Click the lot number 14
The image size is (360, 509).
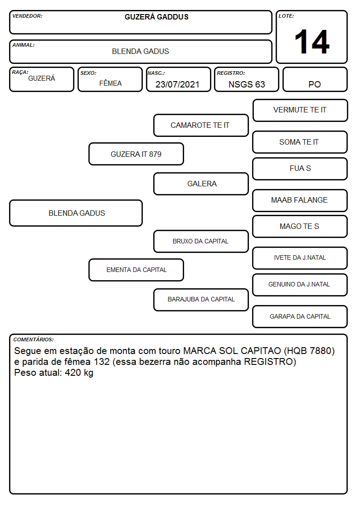[x=312, y=42]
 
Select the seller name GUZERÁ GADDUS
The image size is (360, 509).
[x=156, y=17]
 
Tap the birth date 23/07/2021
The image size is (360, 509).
[x=177, y=84]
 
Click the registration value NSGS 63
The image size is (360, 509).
[x=247, y=84]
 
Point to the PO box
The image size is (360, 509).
[x=315, y=79]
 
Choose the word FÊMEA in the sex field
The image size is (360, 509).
[x=110, y=83]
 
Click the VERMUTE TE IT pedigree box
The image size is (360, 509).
[x=300, y=111]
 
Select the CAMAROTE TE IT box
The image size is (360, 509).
[x=201, y=125]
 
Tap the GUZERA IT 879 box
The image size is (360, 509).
[x=136, y=154]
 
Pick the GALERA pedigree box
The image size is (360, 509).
[x=201, y=184]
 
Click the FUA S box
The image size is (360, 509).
[x=300, y=169]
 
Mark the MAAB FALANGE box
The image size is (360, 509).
[x=300, y=200]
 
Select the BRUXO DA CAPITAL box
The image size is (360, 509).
[x=201, y=241]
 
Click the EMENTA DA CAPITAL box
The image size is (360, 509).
[x=136, y=270]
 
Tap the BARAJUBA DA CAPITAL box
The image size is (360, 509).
[x=201, y=300]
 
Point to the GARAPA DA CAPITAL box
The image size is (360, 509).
[x=300, y=316]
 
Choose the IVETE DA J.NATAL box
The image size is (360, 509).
[x=300, y=258]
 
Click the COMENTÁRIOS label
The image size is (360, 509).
[x=34, y=339]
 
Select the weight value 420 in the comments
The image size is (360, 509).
[x=73, y=372]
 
